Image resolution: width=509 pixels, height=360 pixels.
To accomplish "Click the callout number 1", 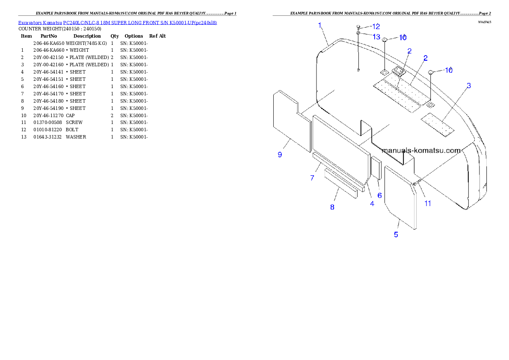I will coord(320,25).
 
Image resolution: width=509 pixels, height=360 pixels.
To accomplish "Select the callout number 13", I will coord(376,37).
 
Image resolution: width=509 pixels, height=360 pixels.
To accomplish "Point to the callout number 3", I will coord(469,86).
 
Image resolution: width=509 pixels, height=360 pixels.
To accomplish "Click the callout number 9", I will coord(280,155).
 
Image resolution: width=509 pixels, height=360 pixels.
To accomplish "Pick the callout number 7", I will coord(312,177).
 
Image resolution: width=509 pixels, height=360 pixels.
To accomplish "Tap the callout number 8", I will coord(332,207).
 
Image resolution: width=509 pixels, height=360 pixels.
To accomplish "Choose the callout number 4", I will coord(372,204).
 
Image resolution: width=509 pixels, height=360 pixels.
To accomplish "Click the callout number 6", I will coord(379,195).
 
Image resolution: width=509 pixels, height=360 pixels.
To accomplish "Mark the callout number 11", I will coord(428,204).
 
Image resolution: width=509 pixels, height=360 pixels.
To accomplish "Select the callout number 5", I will coord(396,234).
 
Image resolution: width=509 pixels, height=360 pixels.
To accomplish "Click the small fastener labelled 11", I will coord(415,183).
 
